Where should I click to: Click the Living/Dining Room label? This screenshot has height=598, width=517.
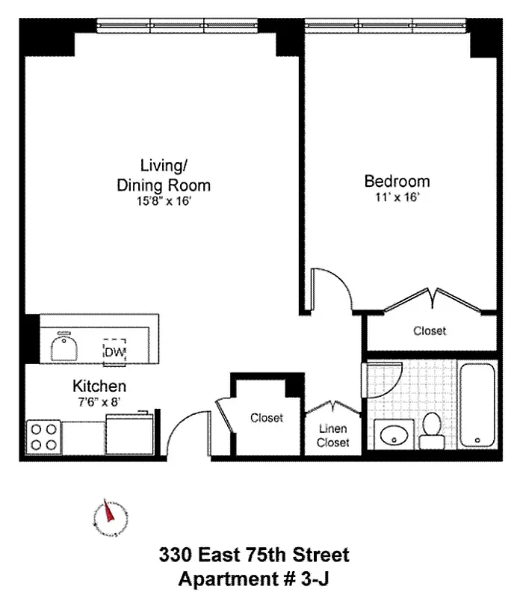tap(164, 175)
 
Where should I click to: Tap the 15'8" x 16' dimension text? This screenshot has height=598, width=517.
tap(164, 201)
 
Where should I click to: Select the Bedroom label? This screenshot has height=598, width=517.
tap(397, 181)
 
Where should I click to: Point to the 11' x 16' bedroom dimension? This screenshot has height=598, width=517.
tap(397, 198)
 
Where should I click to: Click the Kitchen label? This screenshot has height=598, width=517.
tap(99, 386)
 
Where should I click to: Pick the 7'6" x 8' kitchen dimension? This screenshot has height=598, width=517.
tap(99, 402)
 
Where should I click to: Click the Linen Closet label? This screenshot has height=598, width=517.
tap(332, 436)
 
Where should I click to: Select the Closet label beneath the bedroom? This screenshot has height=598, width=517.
tap(430, 330)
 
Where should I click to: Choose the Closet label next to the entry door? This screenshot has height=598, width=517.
tap(267, 418)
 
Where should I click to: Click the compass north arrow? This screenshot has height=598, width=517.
tap(109, 516)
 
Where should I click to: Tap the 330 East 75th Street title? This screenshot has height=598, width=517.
tap(253, 555)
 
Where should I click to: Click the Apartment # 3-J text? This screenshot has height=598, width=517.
tap(253, 578)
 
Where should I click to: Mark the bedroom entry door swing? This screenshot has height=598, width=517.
tap(329, 286)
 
